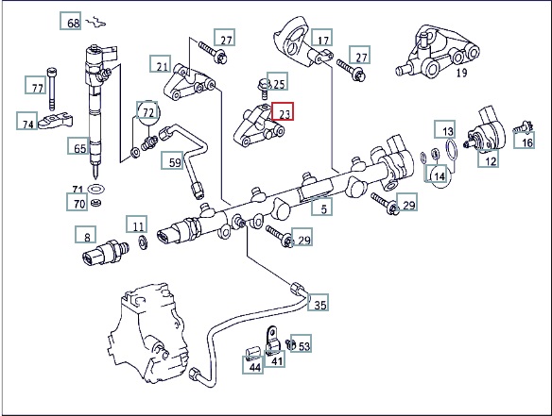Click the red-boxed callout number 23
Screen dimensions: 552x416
(283, 111)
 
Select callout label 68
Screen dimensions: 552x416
(70, 21)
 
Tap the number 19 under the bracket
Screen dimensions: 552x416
(461, 73)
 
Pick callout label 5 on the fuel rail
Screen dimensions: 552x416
(321, 207)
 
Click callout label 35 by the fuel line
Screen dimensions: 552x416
(319, 303)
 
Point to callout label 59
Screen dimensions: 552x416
(172, 160)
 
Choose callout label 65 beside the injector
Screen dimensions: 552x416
(78, 146)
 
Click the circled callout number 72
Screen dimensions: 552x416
(147, 112)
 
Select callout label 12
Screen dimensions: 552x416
(489, 158)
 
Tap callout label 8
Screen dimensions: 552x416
(86, 235)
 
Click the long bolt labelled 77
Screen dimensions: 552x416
(52, 88)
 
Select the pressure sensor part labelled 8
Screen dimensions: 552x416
(105, 253)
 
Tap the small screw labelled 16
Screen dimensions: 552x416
(523, 126)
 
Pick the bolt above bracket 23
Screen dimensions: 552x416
(263, 89)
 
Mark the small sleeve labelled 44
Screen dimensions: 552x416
(251, 353)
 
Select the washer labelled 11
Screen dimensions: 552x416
(143, 242)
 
